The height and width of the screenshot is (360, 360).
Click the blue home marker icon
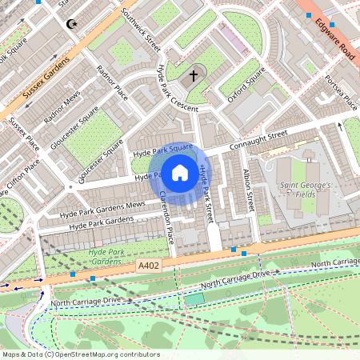coord(180,172)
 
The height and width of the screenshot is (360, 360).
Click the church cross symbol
coord(193,77)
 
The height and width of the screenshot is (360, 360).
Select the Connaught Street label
coord(258,141)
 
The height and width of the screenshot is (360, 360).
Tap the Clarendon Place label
coord(167,218)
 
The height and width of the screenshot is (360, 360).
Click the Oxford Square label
coord(246,84)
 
